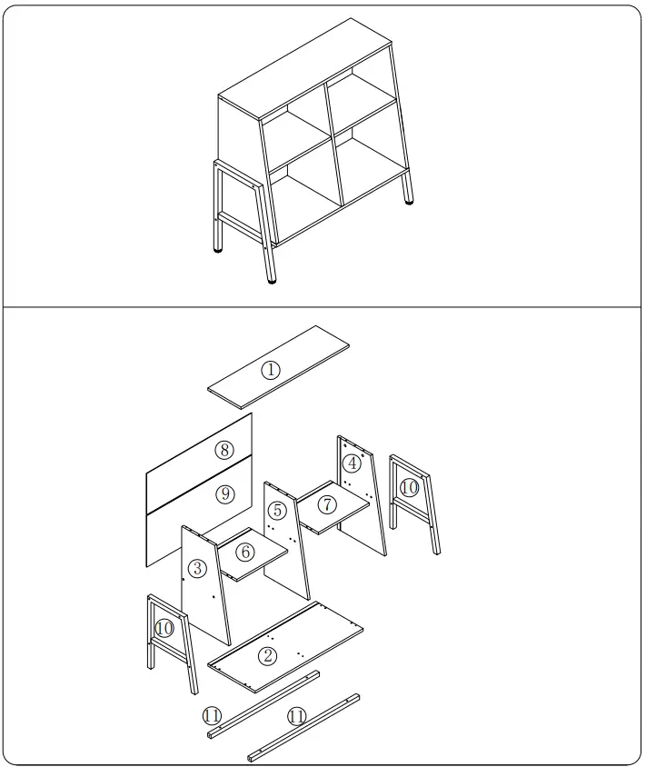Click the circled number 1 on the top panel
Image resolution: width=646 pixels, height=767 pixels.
tap(270, 369)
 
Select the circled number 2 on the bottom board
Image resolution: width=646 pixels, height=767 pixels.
tap(267, 655)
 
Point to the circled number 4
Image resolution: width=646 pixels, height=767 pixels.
tap(352, 463)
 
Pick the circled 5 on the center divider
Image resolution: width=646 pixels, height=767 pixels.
tap(278, 509)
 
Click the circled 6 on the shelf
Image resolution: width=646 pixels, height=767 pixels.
tap(245, 552)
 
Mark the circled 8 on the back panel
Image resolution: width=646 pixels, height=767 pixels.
tap(224, 449)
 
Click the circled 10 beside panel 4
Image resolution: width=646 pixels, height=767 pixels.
tap(409, 487)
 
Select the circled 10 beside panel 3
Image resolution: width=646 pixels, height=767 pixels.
tap(164, 627)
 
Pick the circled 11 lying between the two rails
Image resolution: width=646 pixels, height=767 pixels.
tap(296, 717)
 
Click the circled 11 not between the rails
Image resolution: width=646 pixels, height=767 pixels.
tap(213, 715)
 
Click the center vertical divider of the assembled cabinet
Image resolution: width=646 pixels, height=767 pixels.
tap(333, 145)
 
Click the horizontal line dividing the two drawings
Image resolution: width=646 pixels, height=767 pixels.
tap(323, 308)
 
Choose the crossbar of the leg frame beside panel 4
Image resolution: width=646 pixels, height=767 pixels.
tap(413, 508)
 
